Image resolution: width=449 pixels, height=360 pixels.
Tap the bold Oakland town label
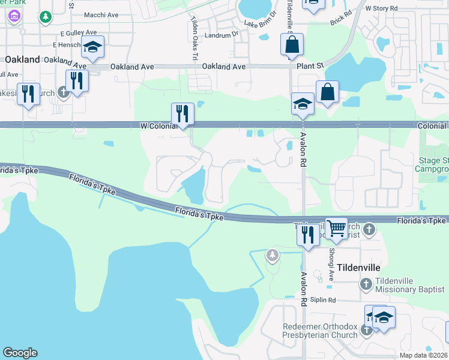22,59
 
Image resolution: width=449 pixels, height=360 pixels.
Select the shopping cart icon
337,227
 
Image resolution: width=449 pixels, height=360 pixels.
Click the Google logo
20,353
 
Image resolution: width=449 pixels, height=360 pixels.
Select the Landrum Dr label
225,34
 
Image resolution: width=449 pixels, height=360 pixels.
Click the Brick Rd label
340,22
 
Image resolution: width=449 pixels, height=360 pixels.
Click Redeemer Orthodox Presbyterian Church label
320,331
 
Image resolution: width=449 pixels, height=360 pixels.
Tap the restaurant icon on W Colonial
182,113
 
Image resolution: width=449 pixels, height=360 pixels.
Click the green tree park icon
46,17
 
